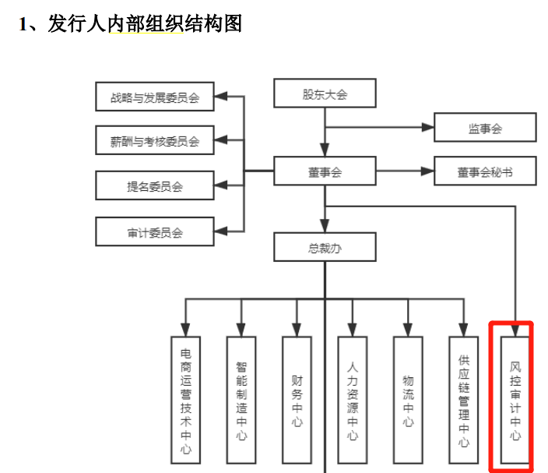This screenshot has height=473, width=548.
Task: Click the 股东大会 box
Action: (325, 95)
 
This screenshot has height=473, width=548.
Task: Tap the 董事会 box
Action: (325, 172)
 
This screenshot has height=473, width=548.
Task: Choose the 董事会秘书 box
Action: (484, 172)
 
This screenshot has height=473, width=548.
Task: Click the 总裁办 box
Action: (325, 249)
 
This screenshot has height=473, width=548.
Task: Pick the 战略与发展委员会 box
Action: (154, 98)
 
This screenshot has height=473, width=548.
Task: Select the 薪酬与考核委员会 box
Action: (154, 141)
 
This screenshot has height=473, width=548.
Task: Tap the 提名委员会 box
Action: (154, 186)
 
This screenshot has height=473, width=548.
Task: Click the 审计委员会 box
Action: (154, 231)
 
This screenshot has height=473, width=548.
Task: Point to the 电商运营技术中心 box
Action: (184, 400)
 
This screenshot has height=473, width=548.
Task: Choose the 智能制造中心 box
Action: (241, 400)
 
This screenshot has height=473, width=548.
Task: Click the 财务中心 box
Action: (297, 400)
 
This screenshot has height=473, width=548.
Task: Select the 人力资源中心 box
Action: (353, 400)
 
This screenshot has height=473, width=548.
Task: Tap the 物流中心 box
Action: (409, 400)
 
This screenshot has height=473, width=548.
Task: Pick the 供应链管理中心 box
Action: (464, 400)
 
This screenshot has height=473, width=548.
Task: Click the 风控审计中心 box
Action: (515, 400)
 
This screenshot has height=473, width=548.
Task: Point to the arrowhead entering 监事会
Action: (428, 127)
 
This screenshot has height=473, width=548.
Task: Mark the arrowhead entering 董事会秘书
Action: (428, 171)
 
